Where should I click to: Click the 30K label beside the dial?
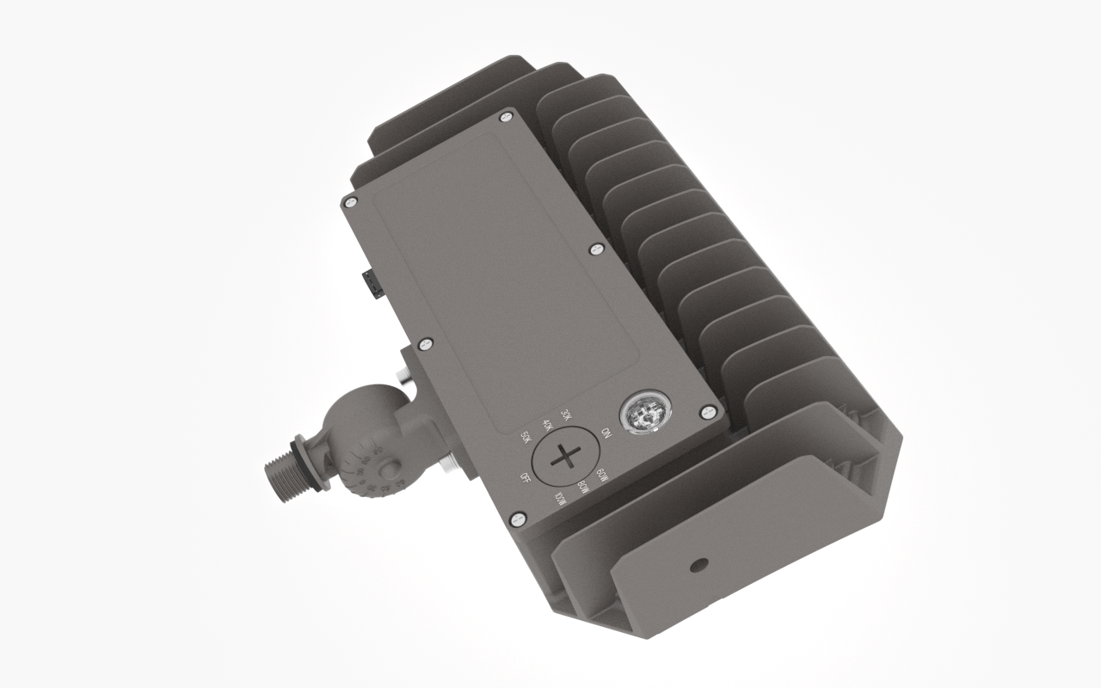coord(565,415)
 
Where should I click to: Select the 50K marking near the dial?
coord(526,439)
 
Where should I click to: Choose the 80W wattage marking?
coord(583,488)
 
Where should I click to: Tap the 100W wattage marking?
coord(561,499)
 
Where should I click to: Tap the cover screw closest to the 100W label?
coord(517,519)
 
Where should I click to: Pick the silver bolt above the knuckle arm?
coord(401,376)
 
